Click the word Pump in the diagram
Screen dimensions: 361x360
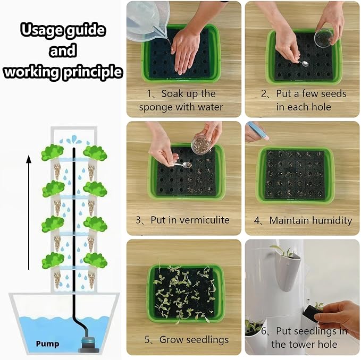[47, 344]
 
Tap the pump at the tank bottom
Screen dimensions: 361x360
[88, 344]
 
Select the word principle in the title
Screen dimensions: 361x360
[93, 72]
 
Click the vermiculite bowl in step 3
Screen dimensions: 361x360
[201, 144]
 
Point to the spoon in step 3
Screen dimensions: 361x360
[183, 165]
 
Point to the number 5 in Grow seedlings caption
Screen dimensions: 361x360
[147, 340]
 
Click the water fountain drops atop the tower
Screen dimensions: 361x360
[74, 140]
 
